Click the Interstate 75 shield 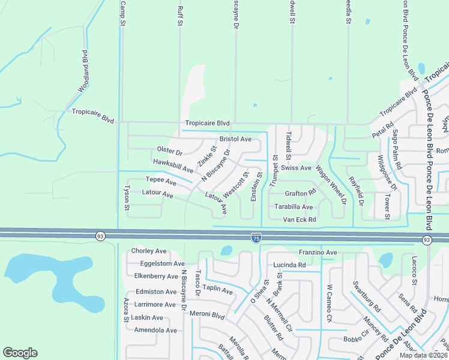[256, 238]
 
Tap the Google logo [20, 353]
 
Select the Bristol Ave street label [235, 139]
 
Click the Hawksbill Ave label [173, 166]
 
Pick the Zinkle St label [207, 156]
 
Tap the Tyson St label [127, 197]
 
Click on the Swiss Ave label [300, 168]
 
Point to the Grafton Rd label [300, 193]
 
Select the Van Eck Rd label [300, 220]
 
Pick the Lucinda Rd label [289, 265]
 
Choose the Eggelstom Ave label [162, 263]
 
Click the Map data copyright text [423, 355]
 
